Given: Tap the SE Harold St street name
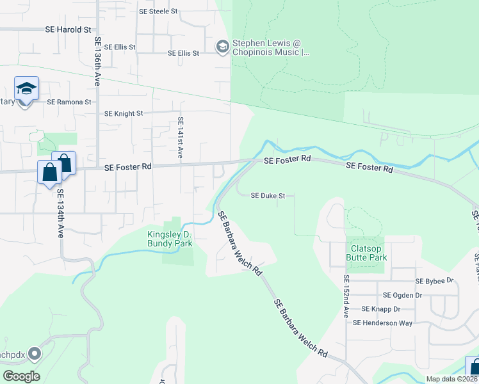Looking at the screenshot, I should point(69,30).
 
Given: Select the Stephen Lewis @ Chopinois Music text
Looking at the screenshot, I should point(270,47).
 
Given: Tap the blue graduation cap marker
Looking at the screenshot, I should point(26,89).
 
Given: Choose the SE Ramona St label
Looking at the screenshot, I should point(69,102).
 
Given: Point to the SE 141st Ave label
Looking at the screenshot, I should point(181,138).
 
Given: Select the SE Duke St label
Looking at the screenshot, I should point(268,196).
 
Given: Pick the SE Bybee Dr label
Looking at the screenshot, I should point(434,281).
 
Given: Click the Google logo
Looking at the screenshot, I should point(21,376).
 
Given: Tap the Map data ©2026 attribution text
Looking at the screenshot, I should point(452,379).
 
